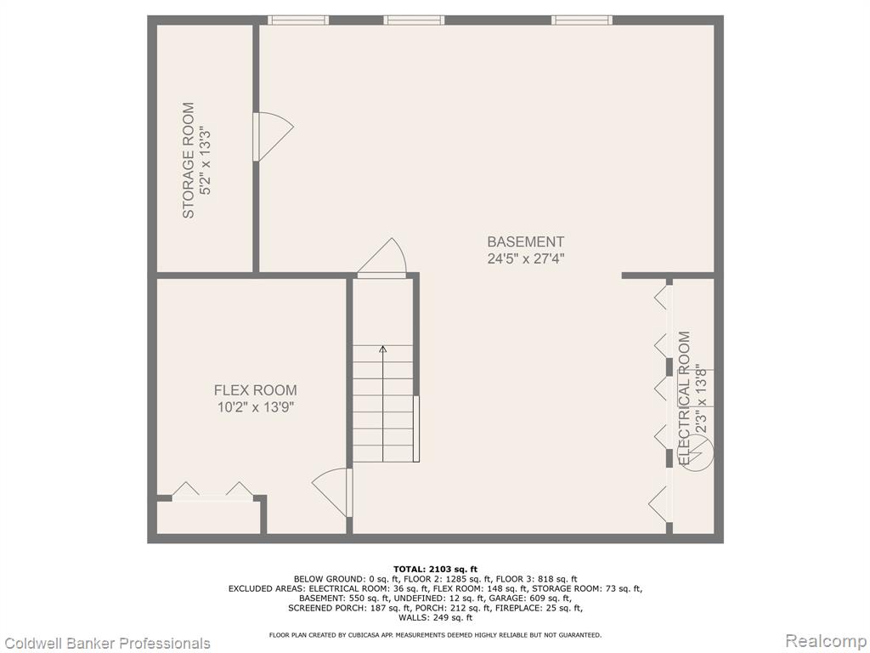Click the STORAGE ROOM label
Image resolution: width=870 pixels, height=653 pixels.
(189, 160)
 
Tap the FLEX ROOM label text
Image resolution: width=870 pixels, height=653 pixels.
(255, 389)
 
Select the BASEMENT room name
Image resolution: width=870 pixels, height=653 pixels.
(525, 241)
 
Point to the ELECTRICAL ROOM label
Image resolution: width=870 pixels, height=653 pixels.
(685, 398)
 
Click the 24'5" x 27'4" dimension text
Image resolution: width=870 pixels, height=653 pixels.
(525, 258)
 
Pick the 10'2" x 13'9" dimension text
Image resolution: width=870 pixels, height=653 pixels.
(255, 407)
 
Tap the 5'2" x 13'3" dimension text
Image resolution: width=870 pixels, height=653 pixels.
(206, 161)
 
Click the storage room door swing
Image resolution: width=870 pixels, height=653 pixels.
(273, 137)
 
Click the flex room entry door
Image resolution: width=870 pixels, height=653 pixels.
(332, 492)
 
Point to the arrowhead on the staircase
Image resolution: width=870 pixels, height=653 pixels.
(383, 349)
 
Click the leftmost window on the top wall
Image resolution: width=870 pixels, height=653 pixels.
(298, 20)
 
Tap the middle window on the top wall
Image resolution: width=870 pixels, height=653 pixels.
(414, 20)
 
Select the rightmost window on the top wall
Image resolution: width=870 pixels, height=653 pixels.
(581, 20)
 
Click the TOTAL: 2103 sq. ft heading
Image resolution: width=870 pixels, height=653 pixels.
(435, 569)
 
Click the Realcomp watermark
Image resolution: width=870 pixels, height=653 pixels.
(827, 641)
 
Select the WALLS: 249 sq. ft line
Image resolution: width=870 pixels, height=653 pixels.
(435, 617)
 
